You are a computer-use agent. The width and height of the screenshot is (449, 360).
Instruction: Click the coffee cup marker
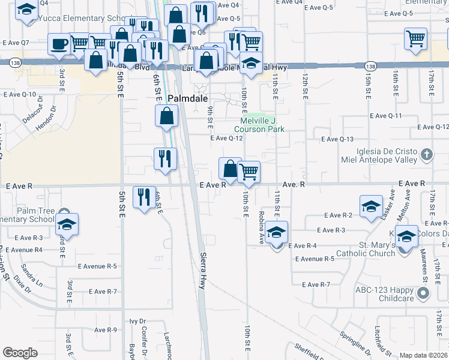click(59, 44)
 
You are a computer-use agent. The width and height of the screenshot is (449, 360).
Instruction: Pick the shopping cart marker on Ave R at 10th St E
click(249, 172)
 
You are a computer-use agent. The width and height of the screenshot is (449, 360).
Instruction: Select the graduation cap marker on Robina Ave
click(277, 232)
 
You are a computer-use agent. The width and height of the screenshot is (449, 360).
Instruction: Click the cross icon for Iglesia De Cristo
click(426, 155)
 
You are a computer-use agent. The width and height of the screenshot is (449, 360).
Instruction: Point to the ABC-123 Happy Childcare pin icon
click(424, 293)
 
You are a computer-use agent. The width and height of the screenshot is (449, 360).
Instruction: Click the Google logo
click(20, 353)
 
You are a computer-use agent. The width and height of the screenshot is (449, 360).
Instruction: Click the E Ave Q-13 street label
click(337, 139)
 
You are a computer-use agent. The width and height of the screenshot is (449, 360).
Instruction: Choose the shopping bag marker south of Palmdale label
click(167, 115)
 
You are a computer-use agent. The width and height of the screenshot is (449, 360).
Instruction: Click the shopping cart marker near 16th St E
click(415, 40)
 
